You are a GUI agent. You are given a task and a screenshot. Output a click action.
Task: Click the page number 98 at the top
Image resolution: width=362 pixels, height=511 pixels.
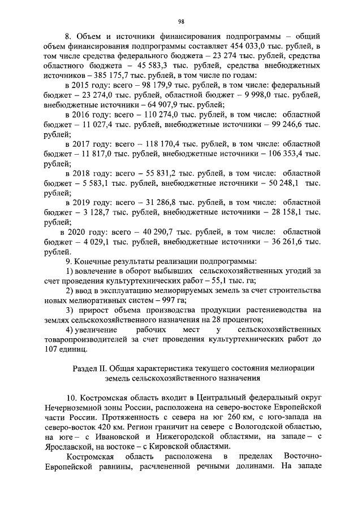(182, 21)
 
